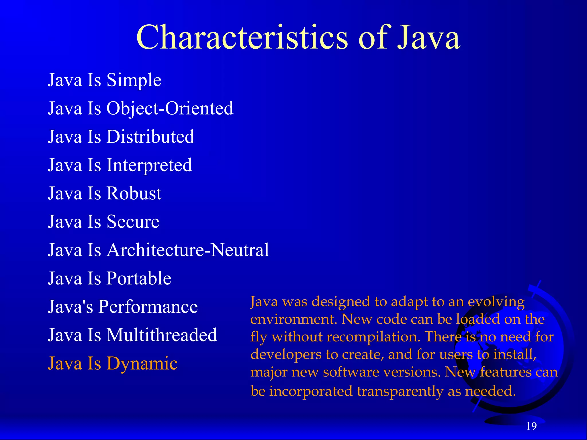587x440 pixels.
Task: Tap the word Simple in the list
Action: [x=134, y=80]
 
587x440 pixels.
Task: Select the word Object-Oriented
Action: [x=170, y=108]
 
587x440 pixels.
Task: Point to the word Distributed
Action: [x=150, y=136]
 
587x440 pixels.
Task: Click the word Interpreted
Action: [x=149, y=165]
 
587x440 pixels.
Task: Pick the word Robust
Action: [x=134, y=193]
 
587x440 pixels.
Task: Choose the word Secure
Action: [x=133, y=222]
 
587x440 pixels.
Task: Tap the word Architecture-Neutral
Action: [x=188, y=250]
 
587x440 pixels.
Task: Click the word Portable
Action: [x=139, y=278]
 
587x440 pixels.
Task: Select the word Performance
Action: [x=148, y=307]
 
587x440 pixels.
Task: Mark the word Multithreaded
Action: [x=162, y=335]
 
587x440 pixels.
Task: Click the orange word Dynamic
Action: [x=142, y=364]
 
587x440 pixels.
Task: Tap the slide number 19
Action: [x=531, y=426]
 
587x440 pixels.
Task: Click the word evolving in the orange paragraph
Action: [x=496, y=302]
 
